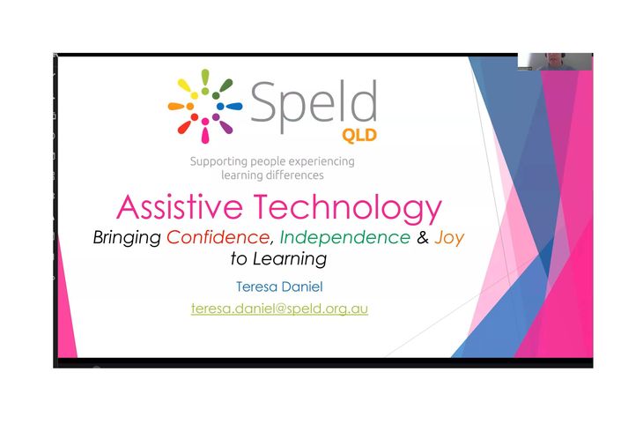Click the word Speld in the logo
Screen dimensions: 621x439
tap(314, 105)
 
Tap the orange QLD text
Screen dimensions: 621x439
tap(359, 136)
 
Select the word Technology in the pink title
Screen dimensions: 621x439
tap(347, 208)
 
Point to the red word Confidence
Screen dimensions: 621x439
tap(218, 237)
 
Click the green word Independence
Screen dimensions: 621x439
tap(345, 237)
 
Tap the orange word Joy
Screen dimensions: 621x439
tap(449, 238)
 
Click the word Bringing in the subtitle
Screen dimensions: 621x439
tap(127, 238)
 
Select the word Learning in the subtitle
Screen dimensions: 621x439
tap(290, 258)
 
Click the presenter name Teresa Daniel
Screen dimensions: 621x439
tap(279, 286)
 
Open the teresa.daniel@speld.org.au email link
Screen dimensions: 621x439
tap(279, 309)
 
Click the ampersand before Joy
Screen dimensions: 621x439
tap(423, 237)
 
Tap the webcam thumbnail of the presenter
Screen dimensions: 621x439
tap(554, 62)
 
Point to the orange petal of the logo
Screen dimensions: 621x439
tap(176, 106)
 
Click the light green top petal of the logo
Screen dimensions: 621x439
tap(205, 77)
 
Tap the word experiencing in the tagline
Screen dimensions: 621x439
tap(322, 162)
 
